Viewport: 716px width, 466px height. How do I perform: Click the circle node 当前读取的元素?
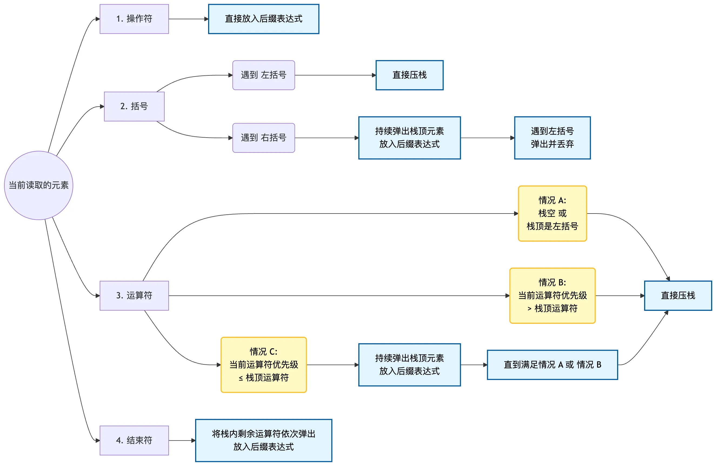tap(38, 185)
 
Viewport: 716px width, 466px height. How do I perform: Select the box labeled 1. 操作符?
tap(134, 19)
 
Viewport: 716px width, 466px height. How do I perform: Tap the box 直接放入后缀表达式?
tap(264, 19)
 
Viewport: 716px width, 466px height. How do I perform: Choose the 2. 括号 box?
tap(134, 106)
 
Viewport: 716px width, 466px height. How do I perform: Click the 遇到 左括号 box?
tap(264, 75)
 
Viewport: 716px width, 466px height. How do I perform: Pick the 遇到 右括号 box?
tap(264, 138)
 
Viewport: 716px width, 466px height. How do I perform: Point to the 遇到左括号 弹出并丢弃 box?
tap(552, 138)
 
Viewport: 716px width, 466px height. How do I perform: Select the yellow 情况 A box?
tap(552, 214)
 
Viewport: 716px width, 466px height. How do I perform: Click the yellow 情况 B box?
tap(552, 296)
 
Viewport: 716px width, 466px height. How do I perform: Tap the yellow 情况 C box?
tap(264, 365)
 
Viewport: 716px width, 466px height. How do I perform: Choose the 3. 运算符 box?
tap(134, 296)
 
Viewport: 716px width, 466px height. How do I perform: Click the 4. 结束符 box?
tap(134, 440)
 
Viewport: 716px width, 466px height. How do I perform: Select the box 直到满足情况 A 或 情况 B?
tap(552, 365)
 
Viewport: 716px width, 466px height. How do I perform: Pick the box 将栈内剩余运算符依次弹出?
tap(264, 440)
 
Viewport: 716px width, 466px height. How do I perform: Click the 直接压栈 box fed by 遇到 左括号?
tap(409, 75)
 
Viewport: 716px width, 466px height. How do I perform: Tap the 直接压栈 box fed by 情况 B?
tap(678, 296)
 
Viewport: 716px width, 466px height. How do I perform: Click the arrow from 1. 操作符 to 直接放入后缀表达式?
tap(189, 19)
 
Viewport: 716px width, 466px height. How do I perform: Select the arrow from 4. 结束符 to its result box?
tap(182, 440)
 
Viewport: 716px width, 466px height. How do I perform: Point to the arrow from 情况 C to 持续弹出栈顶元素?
tap(333, 365)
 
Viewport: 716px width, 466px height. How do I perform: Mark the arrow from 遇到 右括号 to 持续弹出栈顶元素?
tap(327, 138)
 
